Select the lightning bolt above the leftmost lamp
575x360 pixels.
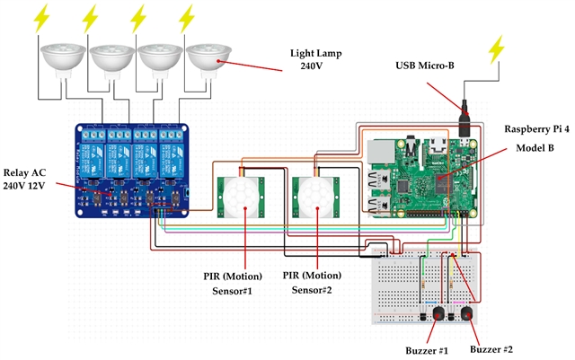click(x=43, y=18)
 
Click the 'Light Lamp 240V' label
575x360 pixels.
click(x=311, y=60)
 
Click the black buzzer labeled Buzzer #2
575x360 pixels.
click(x=468, y=312)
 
